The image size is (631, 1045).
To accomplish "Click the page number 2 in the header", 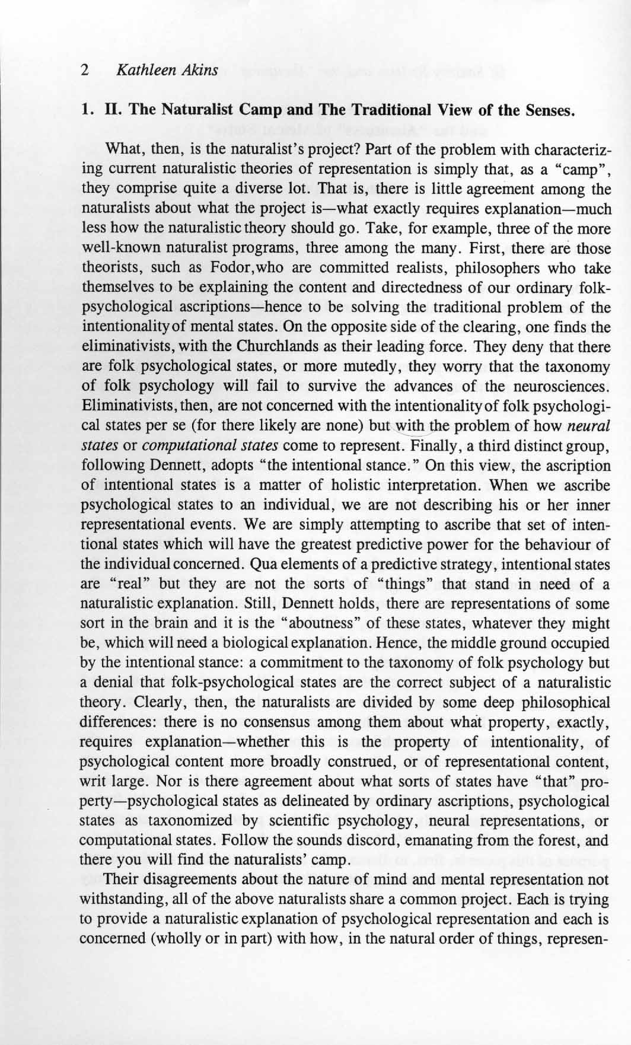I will tap(85, 71).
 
